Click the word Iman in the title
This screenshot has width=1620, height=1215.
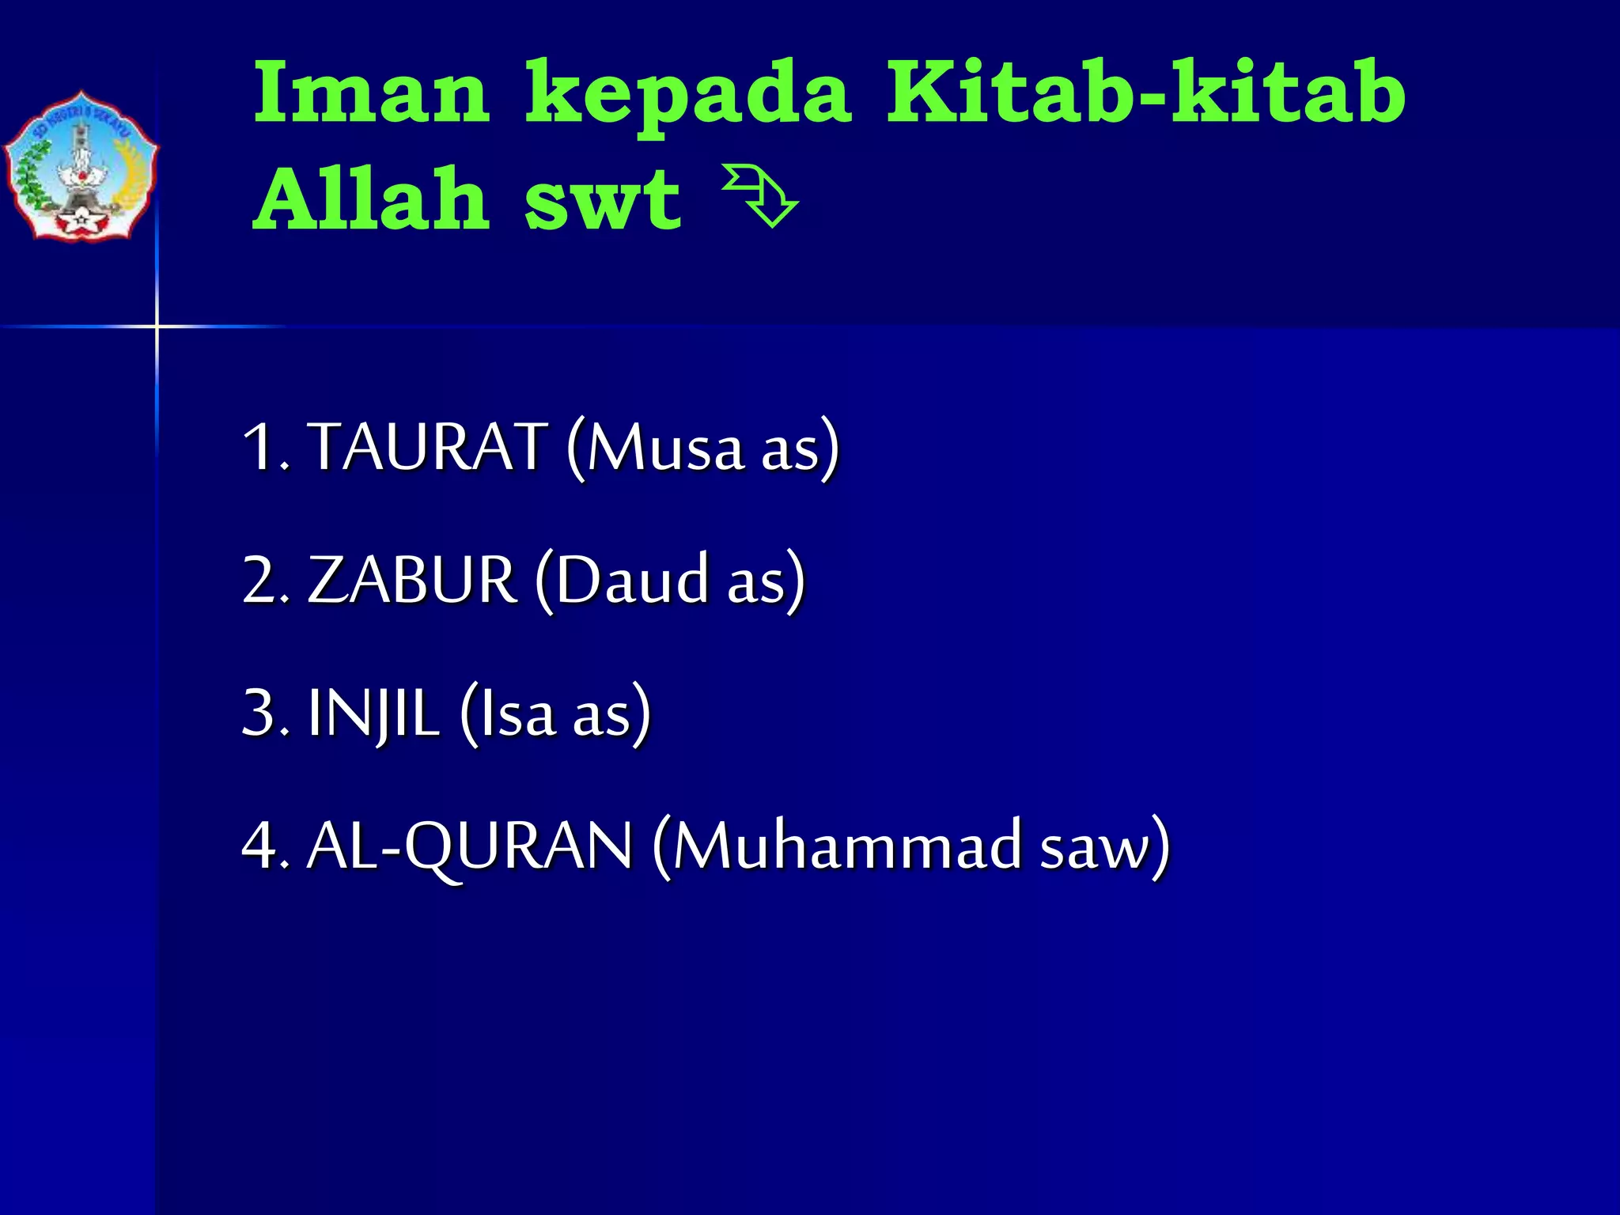372,93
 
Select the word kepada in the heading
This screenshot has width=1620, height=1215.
688,98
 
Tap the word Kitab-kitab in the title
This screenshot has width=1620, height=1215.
1145,93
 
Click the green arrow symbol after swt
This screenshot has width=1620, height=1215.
760,196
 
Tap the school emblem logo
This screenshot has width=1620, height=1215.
81,166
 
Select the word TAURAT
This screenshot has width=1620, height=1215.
427,447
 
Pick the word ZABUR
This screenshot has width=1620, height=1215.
412,580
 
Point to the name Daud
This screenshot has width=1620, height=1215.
631,580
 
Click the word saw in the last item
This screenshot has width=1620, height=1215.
1093,848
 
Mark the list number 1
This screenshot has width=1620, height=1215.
259,447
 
